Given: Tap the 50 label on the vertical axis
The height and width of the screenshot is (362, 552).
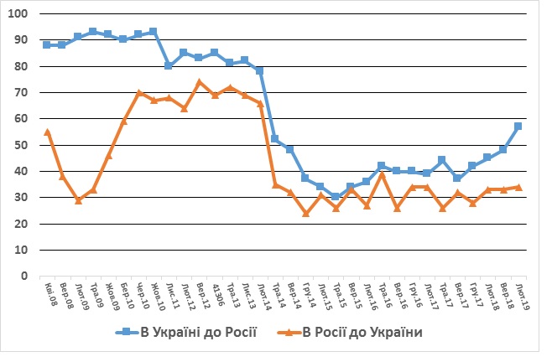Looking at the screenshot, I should coord(20,145).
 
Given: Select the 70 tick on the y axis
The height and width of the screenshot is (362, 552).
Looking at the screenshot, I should coord(20,92).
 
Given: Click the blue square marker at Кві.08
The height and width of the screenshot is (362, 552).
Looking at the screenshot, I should coord(47,45).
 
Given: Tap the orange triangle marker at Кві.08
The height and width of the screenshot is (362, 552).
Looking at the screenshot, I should coord(47,132).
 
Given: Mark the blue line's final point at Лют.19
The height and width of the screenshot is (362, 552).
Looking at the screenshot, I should coord(518,127).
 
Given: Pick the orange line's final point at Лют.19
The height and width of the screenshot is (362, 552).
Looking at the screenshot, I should coord(518,187).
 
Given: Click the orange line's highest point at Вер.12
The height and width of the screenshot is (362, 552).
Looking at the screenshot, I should coord(200,82).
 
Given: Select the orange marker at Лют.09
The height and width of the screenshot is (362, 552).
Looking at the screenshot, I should coord(78,200).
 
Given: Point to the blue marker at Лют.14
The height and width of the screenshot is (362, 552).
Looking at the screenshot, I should coord(260,71).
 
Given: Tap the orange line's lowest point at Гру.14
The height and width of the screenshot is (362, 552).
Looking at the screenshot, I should coord(306,213).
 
